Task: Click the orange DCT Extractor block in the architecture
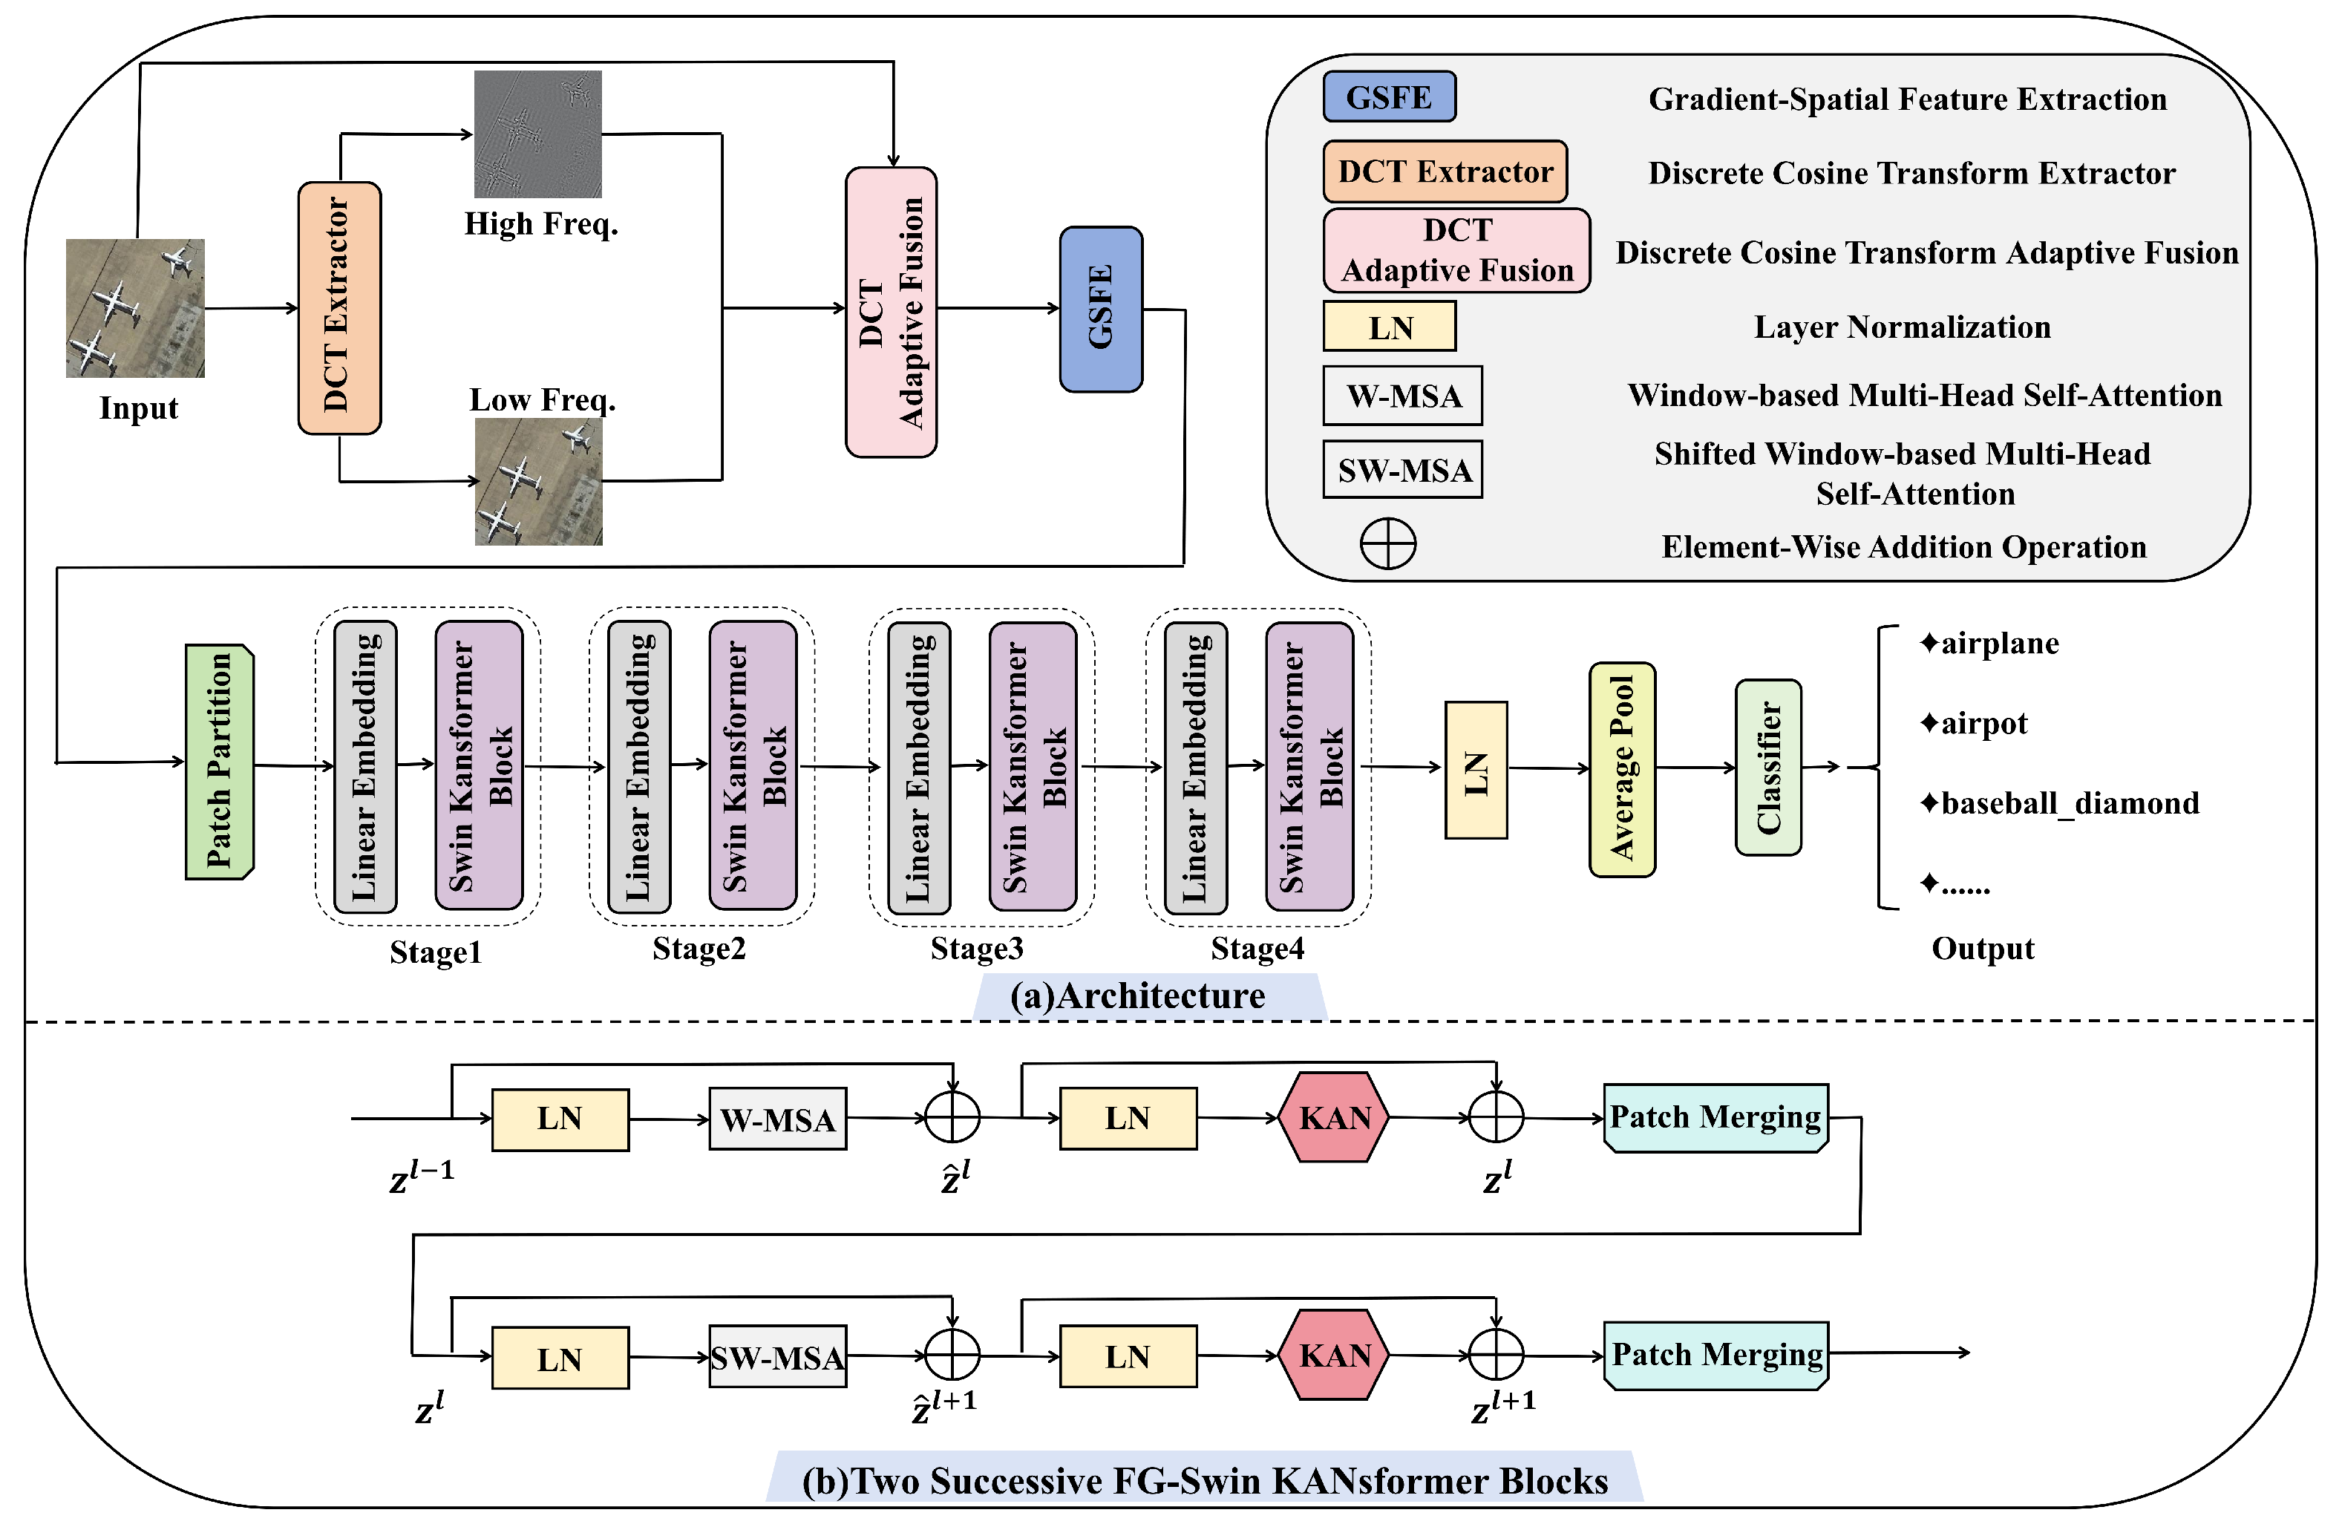(339, 308)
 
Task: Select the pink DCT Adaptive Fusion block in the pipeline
(891, 312)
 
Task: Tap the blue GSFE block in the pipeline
(1100, 309)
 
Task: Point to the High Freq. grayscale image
(537, 134)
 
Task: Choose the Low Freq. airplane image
(538, 482)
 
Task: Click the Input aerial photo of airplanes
(135, 308)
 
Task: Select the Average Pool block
(1622, 768)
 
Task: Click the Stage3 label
(976, 949)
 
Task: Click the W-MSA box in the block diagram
(777, 1119)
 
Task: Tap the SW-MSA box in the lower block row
(777, 1357)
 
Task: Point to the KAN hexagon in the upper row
(1335, 1118)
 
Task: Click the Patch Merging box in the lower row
(1716, 1355)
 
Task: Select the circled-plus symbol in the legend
(1387, 544)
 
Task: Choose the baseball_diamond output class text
(2060, 803)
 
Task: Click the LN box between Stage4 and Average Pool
(1475, 769)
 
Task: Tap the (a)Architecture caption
(1137, 995)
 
